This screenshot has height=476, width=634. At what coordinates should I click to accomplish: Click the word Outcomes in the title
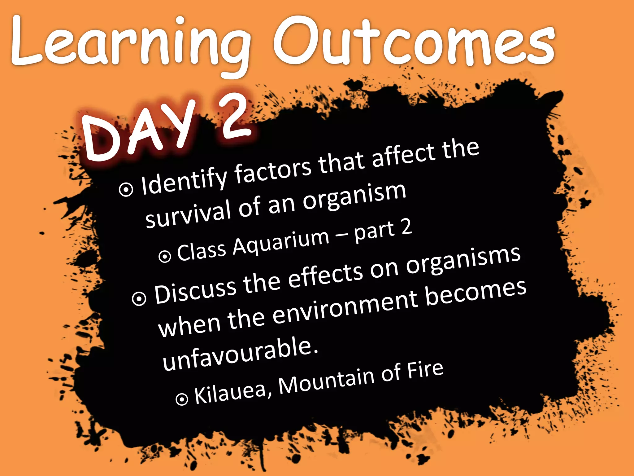tap(413, 42)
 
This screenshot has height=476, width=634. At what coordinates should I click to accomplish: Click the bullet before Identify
tap(126, 189)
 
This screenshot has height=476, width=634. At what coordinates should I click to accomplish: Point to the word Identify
tap(184, 181)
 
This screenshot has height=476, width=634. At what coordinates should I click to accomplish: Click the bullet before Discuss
tap(139, 298)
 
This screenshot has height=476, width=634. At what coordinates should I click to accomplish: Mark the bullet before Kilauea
tap(182, 399)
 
